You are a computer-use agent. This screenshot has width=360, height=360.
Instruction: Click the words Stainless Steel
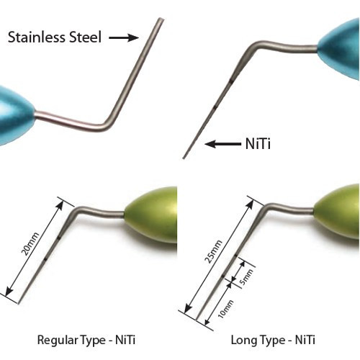coord(55,37)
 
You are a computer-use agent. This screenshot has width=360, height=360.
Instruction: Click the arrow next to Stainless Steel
coord(124,37)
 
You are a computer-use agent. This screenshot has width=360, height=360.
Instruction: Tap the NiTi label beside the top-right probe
coord(258,144)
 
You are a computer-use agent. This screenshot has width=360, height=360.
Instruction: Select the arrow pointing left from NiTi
coord(223,144)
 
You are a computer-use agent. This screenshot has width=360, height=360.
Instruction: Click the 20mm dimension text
coord(30,244)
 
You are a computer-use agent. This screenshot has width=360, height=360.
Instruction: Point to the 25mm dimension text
coord(213,251)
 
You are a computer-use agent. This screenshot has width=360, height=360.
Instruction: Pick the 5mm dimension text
coord(246,277)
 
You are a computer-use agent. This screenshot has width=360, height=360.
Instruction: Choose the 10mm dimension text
coord(225,309)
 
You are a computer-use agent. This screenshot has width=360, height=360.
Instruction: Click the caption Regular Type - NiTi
coord(86,340)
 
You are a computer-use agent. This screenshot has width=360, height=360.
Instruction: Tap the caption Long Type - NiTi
coord(273,340)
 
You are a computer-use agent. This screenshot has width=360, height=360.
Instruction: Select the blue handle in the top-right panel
coord(341,48)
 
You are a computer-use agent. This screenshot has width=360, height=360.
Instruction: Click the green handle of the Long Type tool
coord(337,211)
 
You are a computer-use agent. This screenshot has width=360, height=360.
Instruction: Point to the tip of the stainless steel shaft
coord(161,19)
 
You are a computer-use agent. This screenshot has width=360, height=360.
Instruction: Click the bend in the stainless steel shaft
coord(107,126)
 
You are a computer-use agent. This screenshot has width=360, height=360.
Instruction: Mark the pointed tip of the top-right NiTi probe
coord(184,158)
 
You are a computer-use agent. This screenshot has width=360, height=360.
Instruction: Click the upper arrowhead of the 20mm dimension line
coord(61,204)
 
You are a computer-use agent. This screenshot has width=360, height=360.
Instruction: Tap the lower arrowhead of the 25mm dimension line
coord(187,310)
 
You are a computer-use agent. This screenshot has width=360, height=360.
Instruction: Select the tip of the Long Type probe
coord(197,320)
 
